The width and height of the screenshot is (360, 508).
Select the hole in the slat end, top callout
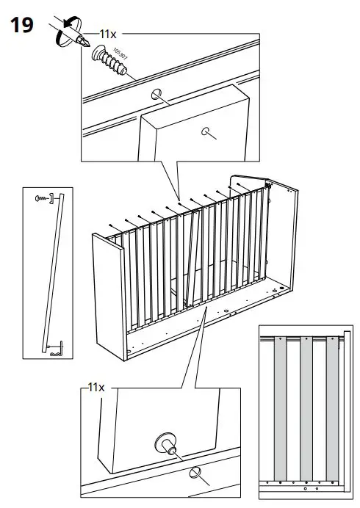(207, 132)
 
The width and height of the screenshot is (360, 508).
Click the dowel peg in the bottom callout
(165, 444)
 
